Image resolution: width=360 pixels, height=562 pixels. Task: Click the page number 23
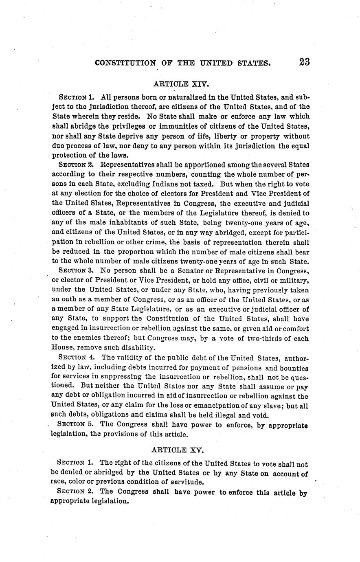click(304, 62)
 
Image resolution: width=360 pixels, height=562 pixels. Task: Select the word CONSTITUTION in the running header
click(125, 63)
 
